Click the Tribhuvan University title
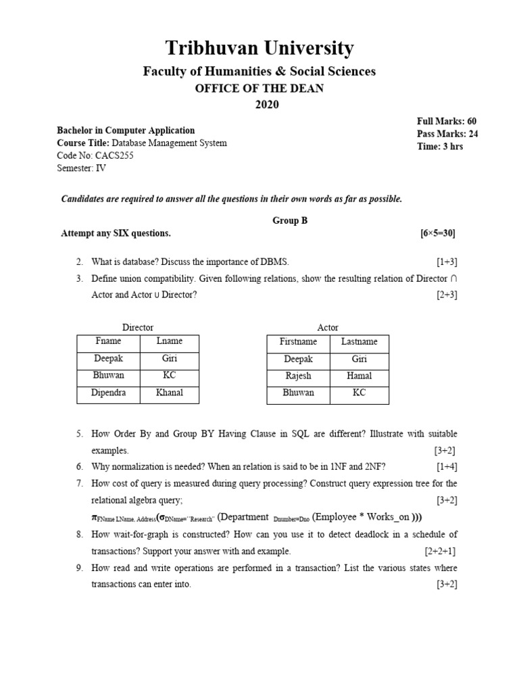click(x=259, y=49)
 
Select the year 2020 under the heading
click(x=266, y=104)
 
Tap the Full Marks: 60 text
click(x=447, y=121)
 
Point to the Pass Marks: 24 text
click(x=447, y=134)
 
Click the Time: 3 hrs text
click(x=440, y=147)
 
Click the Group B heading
click(x=290, y=220)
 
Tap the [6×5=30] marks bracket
click(x=437, y=233)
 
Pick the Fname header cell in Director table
click(x=108, y=341)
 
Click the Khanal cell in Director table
click(x=169, y=393)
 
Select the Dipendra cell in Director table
click(x=108, y=393)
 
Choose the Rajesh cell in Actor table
click(x=298, y=376)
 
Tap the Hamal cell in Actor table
click(x=359, y=376)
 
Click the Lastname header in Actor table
click(x=359, y=342)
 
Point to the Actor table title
click(x=328, y=328)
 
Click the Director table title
click(x=138, y=328)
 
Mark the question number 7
click(x=79, y=484)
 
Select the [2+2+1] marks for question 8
click(x=441, y=551)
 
